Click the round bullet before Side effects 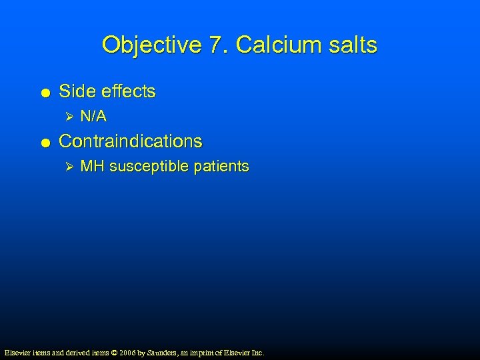point(43,93)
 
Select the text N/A point(93,117)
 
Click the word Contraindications point(131,141)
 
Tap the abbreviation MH point(92,166)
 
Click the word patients point(221,166)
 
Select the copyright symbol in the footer point(113,352)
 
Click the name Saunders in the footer point(163,352)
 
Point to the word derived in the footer point(69,352)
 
